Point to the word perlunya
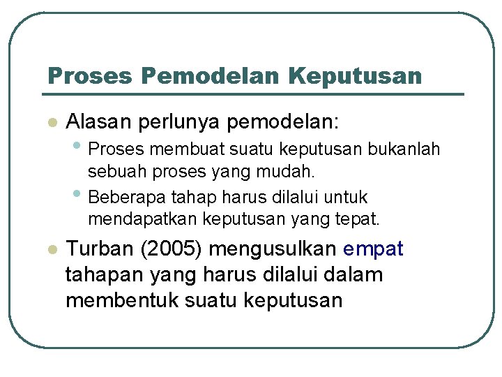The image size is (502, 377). tap(179, 122)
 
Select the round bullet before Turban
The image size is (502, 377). tap(50, 250)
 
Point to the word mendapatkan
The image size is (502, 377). tap(142, 219)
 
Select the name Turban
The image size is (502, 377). tap(98, 249)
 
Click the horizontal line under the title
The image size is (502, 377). tap(254, 94)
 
